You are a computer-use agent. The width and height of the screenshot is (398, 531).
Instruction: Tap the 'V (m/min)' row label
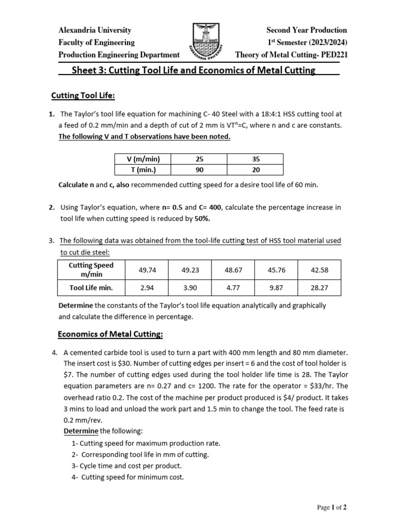[x=143, y=158]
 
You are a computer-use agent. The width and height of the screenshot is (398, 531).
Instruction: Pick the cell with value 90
[x=200, y=170]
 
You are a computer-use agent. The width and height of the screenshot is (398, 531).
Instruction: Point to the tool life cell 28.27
[x=319, y=287]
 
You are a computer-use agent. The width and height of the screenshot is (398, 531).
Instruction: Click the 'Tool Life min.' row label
[x=91, y=287]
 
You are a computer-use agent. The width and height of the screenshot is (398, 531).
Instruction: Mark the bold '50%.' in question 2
[x=203, y=218]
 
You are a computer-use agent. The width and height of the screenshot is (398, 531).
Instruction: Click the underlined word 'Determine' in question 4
[x=81, y=431]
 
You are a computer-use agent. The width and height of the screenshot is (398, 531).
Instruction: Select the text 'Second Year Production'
[x=306, y=30]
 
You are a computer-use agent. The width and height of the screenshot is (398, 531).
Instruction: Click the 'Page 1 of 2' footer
[x=332, y=508]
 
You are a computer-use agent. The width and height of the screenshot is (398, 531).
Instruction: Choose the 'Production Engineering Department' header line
[x=119, y=55]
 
